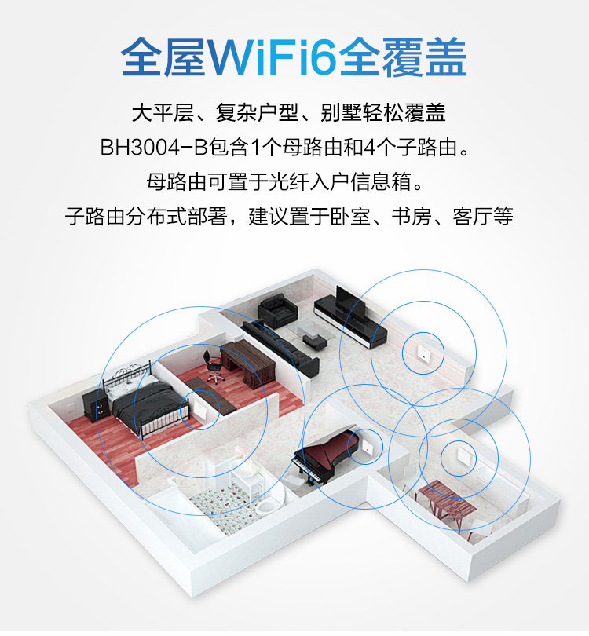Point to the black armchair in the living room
[x=275, y=309]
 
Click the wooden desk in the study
[x=245, y=361]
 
